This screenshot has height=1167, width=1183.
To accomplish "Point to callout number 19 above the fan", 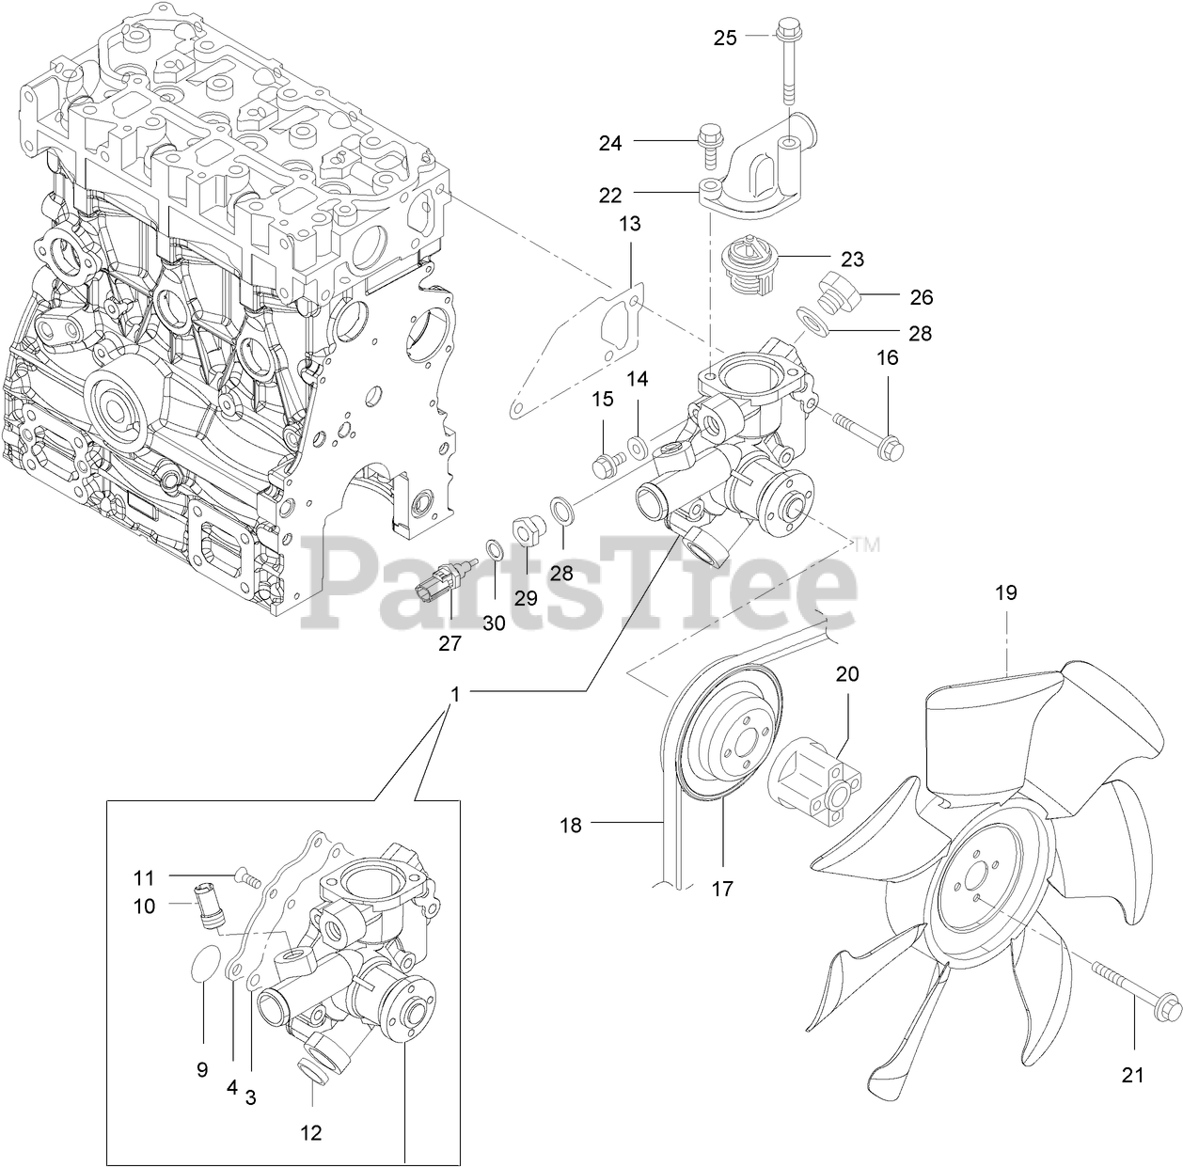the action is click(1005, 593).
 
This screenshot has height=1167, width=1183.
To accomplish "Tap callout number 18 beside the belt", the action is click(571, 826).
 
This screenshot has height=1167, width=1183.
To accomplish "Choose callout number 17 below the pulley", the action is click(722, 888).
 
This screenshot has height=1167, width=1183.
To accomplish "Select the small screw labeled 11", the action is click(248, 876).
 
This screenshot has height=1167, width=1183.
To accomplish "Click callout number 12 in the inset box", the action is click(311, 1133).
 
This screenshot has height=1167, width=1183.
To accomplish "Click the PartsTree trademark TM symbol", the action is click(866, 544).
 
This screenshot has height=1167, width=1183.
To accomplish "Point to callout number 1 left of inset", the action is click(455, 694).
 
